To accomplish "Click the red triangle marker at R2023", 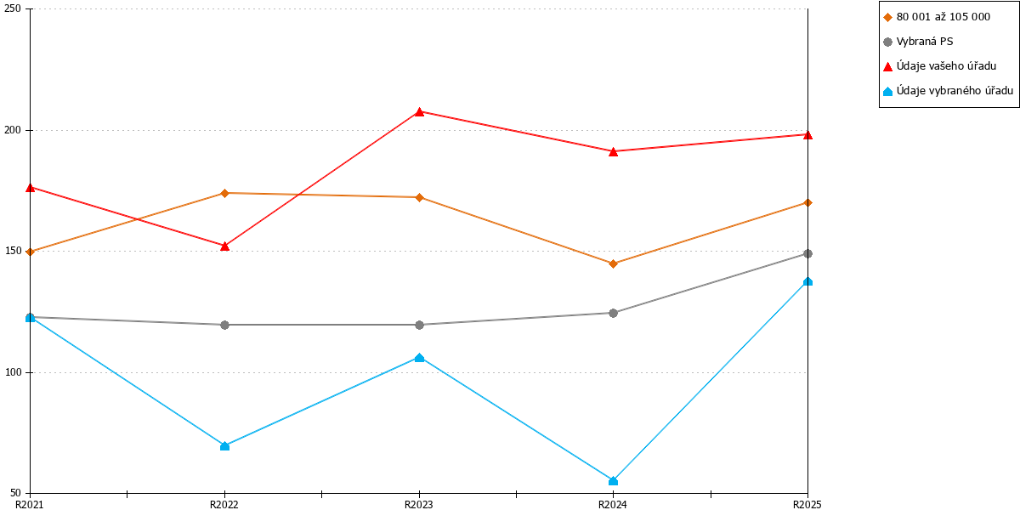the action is tap(419, 111).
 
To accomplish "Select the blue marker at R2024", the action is tap(613, 481).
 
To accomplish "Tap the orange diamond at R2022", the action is tap(224, 193).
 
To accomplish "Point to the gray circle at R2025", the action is tap(807, 253).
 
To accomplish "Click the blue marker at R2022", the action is tap(224, 445).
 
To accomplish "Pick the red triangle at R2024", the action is tap(613, 151).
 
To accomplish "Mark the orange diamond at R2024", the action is tap(613, 263).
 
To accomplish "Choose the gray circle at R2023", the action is tap(419, 325).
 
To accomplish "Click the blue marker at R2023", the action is tap(419, 358).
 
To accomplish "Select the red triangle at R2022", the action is tap(224, 246).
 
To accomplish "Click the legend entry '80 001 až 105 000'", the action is tap(943, 17).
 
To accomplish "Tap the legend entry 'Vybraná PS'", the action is tap(925, 42).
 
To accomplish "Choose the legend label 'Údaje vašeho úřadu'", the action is tap(946, 66).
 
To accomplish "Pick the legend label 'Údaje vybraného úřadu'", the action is tap(955, 91).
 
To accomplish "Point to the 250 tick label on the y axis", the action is tap(13, 8).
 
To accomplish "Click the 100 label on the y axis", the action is tap(13, 372).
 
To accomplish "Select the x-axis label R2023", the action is tap(418, 504).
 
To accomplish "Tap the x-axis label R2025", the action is tap(807, 504).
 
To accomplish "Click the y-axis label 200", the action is tap(13, 130).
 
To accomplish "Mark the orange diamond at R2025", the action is tap(807, 202).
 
